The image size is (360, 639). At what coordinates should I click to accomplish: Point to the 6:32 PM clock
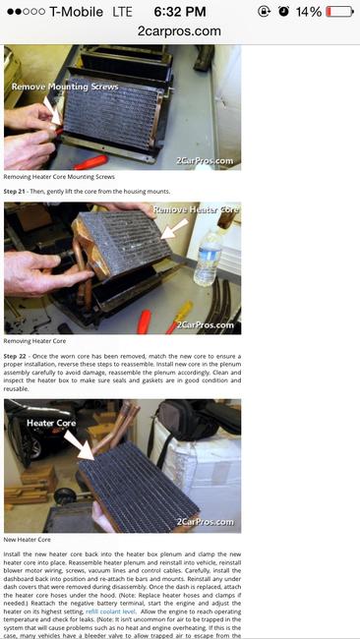click(x=180, y=11)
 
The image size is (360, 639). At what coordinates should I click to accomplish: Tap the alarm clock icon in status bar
click(x=283, y=11)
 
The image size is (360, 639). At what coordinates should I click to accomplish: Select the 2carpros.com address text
click(x=180, y=30)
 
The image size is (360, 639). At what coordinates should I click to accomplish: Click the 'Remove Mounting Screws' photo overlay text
click(x=64, y=87)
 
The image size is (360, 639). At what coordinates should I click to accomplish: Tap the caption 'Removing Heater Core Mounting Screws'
click(x=59, y=177)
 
